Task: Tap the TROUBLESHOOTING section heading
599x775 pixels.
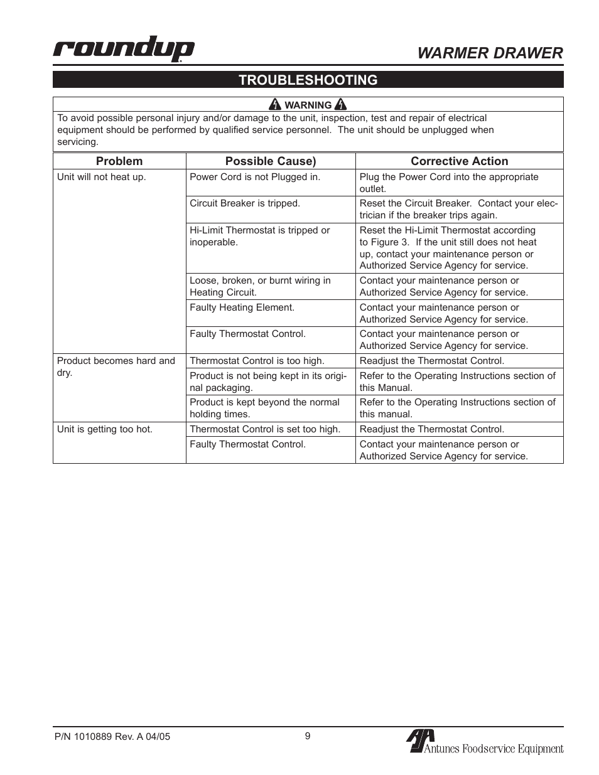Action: tap(308, 80)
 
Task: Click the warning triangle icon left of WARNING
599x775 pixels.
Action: tap(275, 105)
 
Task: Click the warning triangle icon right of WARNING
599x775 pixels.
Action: tap(341, 105)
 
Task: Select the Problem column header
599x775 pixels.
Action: tap(119, 161)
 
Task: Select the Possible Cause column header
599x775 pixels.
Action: tap(271, 161)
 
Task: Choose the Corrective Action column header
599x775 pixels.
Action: tap(459, 161)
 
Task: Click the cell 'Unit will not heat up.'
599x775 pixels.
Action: tap(102, 177)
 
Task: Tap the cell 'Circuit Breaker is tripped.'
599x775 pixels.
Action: tap(245, 203)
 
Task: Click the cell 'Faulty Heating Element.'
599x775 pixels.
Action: tap(242, 307)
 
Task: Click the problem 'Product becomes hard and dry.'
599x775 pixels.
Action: tap(116, 366)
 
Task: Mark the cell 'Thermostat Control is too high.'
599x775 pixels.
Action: tap(257, 361)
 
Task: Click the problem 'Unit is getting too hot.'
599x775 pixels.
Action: tap(105, 429)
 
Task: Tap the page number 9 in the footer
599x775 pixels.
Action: tap(308, 736)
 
